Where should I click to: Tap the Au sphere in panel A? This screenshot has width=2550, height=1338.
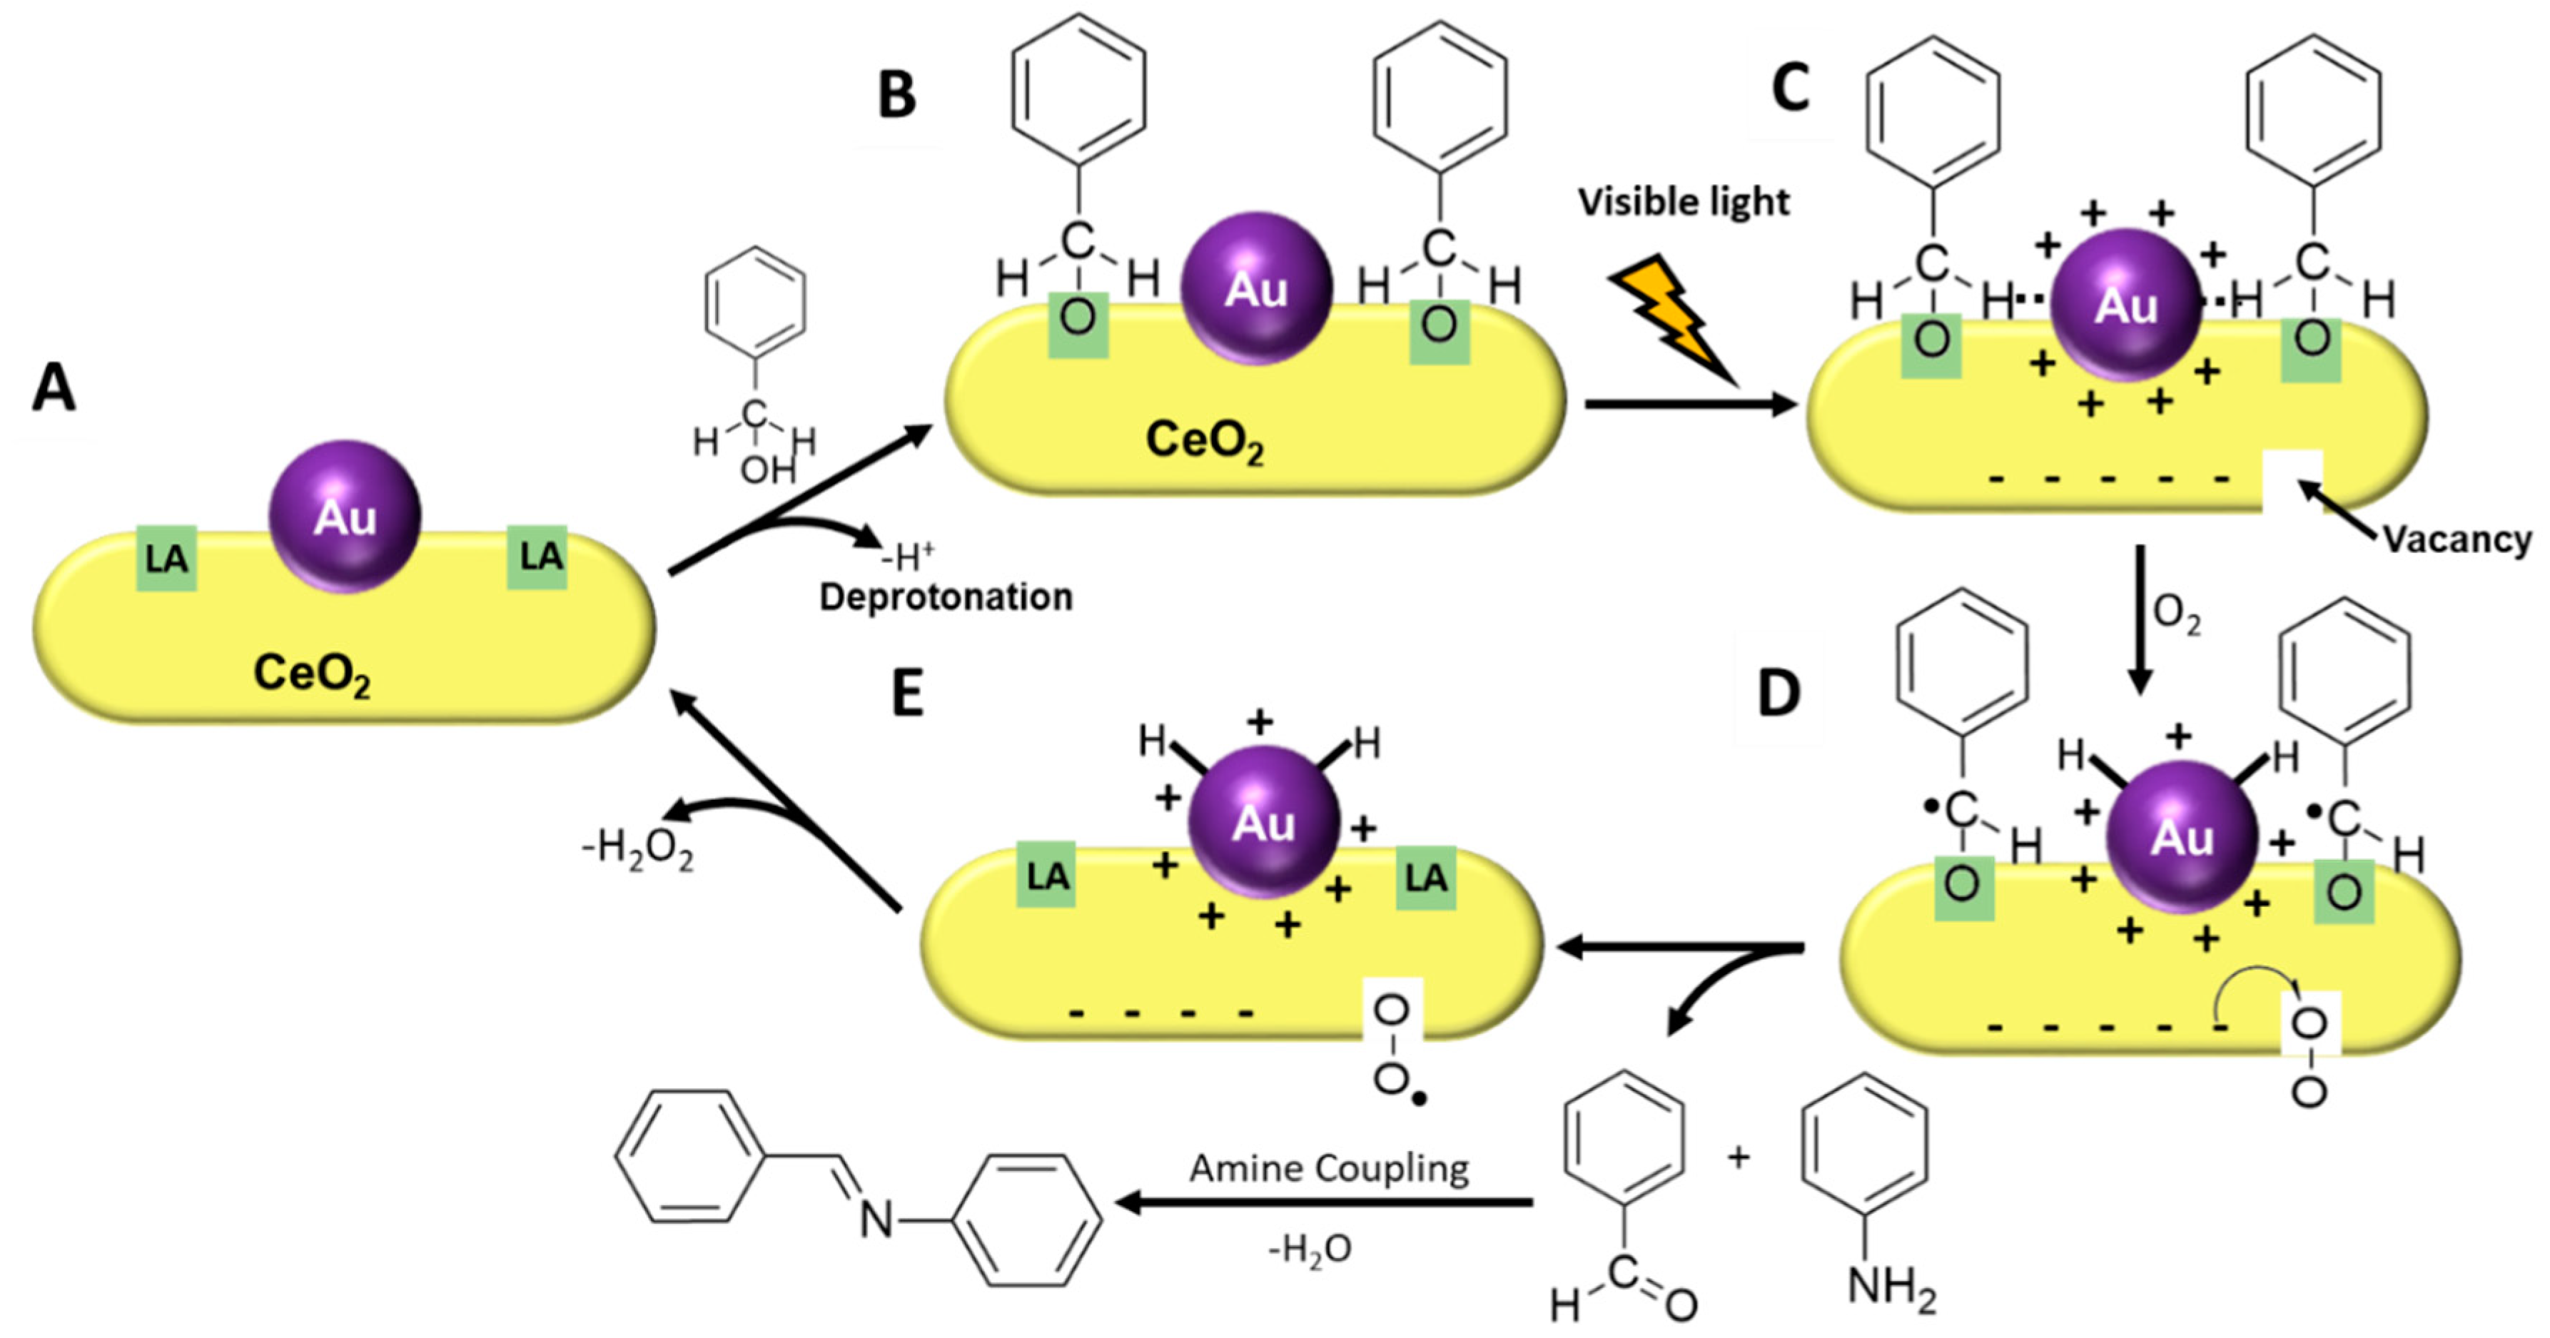click(345, 517)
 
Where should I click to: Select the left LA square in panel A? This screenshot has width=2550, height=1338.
click(166, 558)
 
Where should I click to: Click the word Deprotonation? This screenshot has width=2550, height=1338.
click(946, 597)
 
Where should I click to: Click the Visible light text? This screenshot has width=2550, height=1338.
click(1683, 202)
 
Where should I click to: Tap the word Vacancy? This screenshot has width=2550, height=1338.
click(2455, 539)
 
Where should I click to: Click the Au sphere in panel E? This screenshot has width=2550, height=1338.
click(1263, 821)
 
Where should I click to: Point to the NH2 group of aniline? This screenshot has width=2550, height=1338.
click(1891, 1289)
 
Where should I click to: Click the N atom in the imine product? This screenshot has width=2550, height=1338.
click(876, 1220)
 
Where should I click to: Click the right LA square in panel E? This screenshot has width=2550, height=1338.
click(1425, 878)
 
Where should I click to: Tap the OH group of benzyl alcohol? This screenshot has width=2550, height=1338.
click(768, 469)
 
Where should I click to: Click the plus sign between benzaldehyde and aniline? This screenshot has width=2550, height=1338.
click(1739, 1156)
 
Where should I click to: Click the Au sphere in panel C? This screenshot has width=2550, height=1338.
click(2125, 305)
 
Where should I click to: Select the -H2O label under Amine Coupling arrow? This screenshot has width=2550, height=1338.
click(1309, 1249)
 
